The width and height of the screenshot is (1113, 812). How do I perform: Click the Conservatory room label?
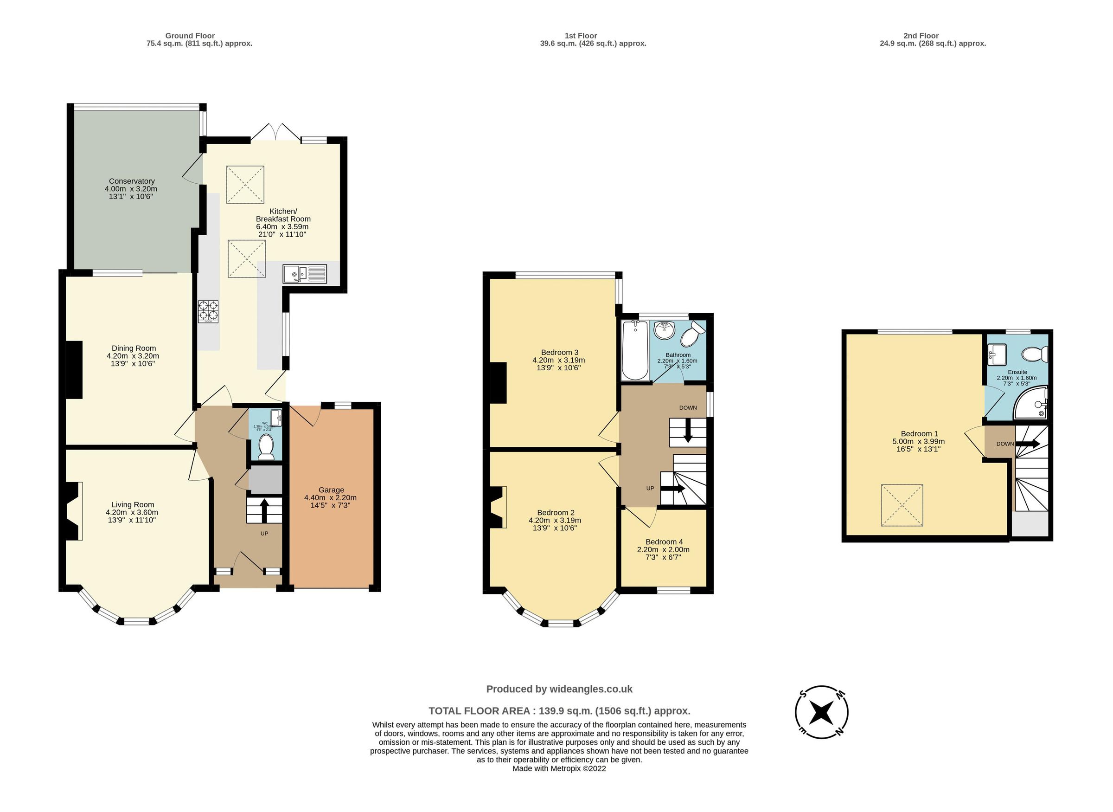click(x=132, y=181)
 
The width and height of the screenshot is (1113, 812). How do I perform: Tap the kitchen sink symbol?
click(x=304, y=274)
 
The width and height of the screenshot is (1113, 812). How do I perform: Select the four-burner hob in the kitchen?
click(x=208, y=311)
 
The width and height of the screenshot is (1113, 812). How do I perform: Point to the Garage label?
click(x=331, y=490)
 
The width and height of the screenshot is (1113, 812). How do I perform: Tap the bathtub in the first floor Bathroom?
click(x=634, y=350)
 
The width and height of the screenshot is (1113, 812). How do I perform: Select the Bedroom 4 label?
click(x=664, y=541)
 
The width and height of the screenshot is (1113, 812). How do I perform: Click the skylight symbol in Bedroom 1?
click(x=902, y=505)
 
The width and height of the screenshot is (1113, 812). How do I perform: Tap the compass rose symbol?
click(x=821, y=712)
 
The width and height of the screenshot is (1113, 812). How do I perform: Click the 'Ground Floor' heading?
click(x=190, y=35)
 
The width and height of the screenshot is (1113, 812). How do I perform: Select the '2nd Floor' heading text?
click(x=921, y=35)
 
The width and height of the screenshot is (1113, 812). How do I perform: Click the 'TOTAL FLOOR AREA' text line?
click(x=559, y=711)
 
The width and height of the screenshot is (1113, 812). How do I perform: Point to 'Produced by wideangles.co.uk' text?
click(x=559, y=689)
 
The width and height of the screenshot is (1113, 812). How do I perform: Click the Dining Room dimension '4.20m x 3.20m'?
click(x=133, y=356)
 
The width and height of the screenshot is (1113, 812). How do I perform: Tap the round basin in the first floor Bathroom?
click(x=665, y=330)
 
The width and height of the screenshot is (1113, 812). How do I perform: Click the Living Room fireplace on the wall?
click(x=74, y=511)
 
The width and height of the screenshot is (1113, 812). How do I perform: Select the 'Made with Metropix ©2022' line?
click(x=559, y=769)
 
